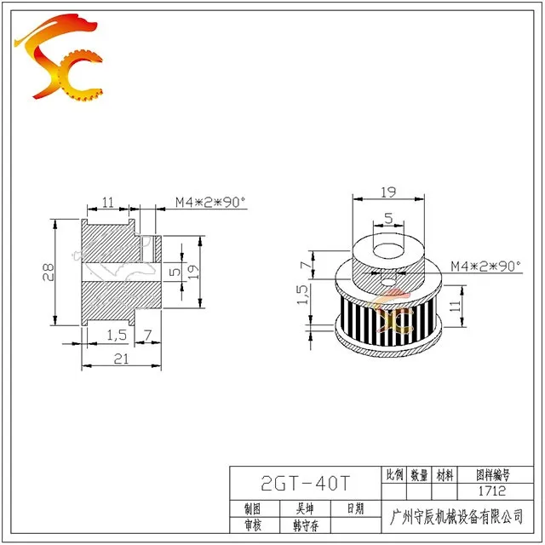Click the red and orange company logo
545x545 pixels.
point(59,57)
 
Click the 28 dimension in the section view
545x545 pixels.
point(49,272)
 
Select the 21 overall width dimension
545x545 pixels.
point(121,359)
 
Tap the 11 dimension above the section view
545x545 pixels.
point(108,202)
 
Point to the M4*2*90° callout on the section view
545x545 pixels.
point(210,202)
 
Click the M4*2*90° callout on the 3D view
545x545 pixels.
point(486,267)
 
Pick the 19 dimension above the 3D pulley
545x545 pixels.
point(388,192)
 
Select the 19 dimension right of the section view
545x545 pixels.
point(193,272)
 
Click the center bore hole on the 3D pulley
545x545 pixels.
point(388,250)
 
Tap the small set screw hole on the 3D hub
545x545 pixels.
point(388,282)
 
